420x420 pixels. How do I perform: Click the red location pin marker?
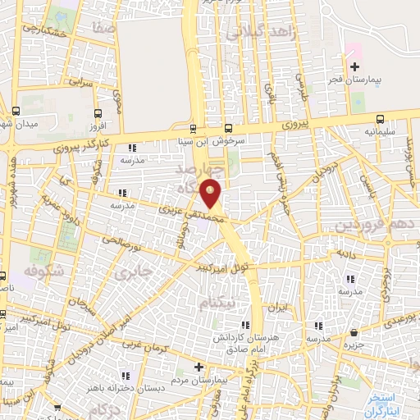[212, 193]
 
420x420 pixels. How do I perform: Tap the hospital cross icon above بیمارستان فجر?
[354, 66]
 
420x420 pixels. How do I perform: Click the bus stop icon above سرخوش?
[229, 128]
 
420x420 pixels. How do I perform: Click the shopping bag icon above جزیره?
[354, 333]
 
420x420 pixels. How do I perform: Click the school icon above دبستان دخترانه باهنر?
[127, 367]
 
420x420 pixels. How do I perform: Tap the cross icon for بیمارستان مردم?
[198, 367]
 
